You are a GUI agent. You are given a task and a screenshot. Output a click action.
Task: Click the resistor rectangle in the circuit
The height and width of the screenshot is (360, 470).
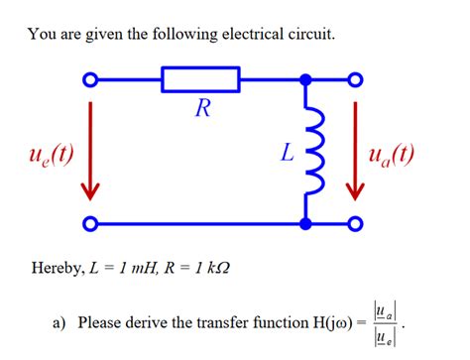coord(201,79)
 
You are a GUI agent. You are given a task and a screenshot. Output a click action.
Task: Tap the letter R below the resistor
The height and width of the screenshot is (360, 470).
coord(201,109)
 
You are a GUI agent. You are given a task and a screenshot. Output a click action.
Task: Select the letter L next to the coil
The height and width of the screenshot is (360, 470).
coord(286,154)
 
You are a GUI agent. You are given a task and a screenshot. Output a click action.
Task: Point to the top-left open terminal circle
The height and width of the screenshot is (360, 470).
coord(91,79)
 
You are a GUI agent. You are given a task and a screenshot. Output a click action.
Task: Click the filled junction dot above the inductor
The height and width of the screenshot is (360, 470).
coord(306,79)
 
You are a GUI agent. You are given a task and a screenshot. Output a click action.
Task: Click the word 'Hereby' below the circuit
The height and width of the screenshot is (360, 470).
coord(57,269)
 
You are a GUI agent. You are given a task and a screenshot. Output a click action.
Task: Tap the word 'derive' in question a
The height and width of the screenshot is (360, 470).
coord(152,323)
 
